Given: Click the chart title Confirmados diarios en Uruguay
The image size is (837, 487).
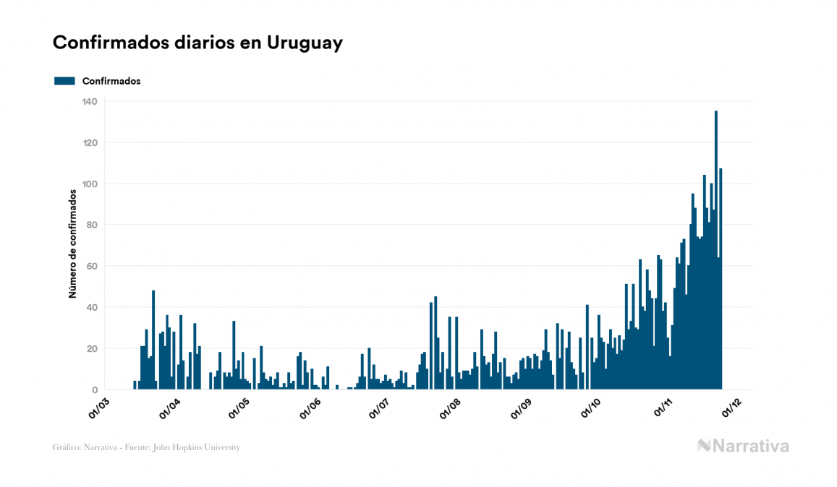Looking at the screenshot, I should [x=197, y=43].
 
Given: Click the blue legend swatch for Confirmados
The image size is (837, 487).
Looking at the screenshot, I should [x=65, y=81].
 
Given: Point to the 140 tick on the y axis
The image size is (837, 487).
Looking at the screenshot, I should [x=89, y=102].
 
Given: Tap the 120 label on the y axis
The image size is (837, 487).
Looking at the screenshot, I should [x=89, y=143].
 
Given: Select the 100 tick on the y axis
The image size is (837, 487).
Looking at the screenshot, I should [x=89, y=184].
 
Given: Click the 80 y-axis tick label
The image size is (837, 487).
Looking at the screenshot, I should [x=91, y=225].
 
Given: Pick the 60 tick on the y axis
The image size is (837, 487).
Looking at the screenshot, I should [x=91, y=267].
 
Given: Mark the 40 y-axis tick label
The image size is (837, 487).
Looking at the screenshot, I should [x=91, y=308].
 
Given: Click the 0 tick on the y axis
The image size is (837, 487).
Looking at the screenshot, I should [x=94, y=390].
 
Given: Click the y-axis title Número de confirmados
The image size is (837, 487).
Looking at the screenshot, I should [x=73, y=244].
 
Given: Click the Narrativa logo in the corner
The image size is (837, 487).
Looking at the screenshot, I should [x=743, y=446].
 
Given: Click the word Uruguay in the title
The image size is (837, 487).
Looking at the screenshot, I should [x=305, y=43].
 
